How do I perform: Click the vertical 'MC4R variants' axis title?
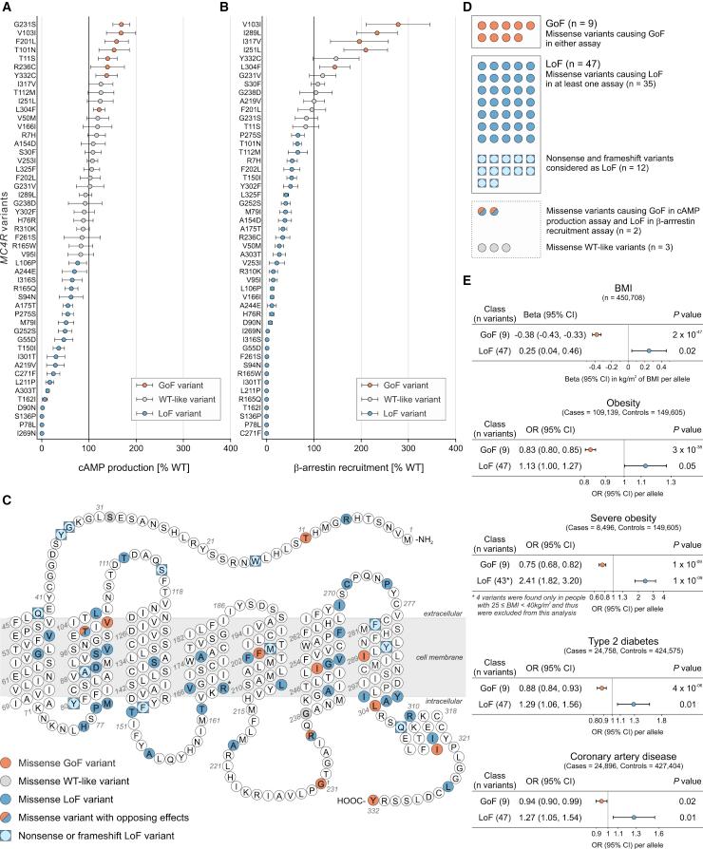tap(10, 228)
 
